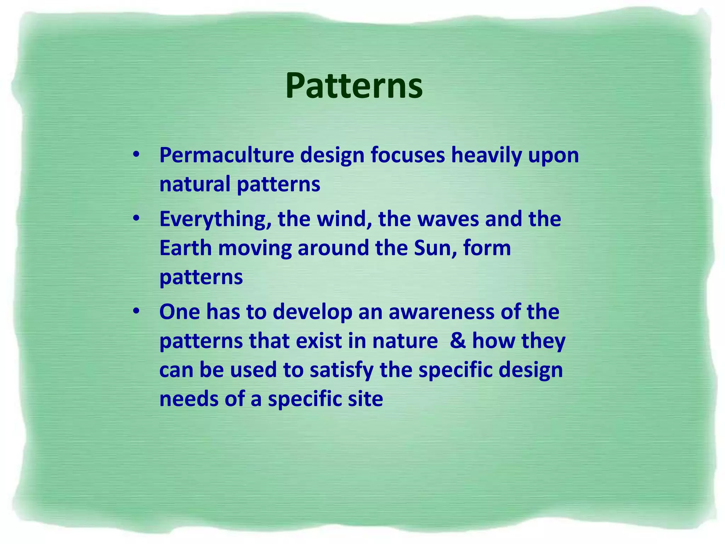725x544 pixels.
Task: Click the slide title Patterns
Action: pos(354,86)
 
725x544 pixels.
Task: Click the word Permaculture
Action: pos(227,155)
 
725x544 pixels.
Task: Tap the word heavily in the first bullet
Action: pos(486,155)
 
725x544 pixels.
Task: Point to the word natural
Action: pos(195,184)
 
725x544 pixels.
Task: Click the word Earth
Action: pos(185,248)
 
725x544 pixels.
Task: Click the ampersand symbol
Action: pos(458,341)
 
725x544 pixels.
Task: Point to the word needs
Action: pos(189,399)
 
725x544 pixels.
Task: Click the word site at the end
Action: pos(368,399)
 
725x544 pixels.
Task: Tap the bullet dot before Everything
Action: pos(136,219)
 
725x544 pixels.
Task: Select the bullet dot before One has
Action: pos(136,312)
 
